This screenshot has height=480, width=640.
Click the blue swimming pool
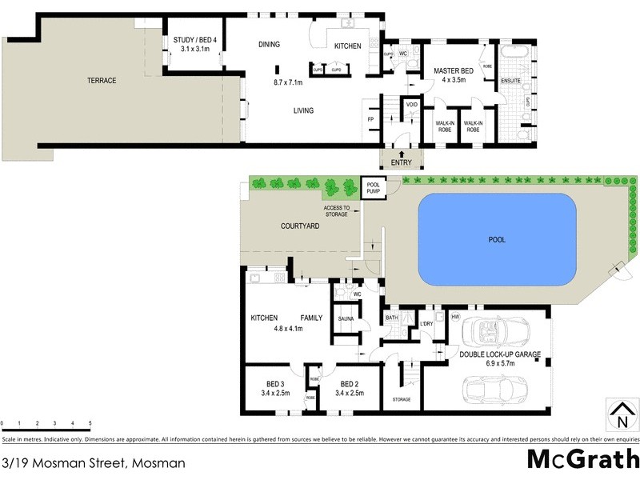[498, 239]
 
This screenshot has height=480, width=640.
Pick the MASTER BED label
[454, 71]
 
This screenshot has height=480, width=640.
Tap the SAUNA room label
[346, 318]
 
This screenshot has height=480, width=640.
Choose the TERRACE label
[102, 81]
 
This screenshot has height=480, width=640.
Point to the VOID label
[412, 105]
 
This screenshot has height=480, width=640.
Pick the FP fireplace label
[370, 119]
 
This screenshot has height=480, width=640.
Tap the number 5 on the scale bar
[90, 423]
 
